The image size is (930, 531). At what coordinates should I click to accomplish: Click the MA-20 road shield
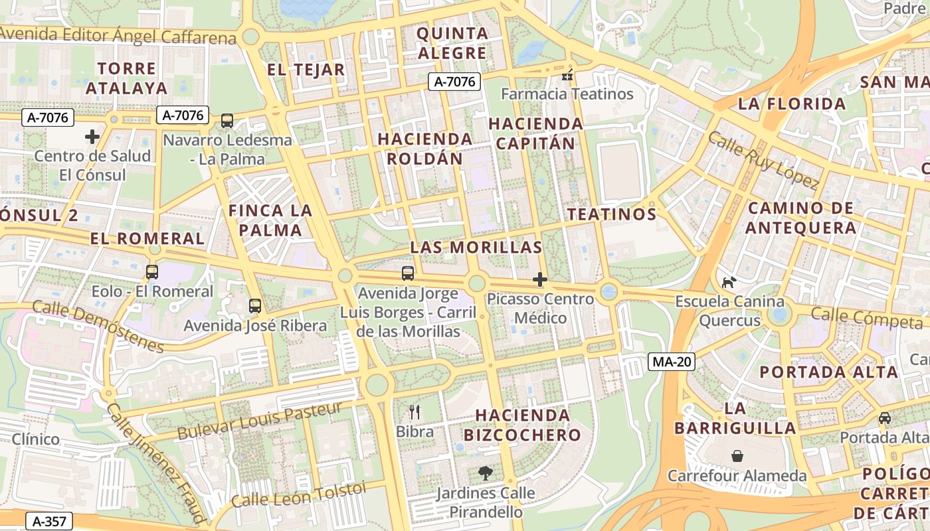pyautogui.click(x=671, y=362)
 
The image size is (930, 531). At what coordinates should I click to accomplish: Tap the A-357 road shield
pyautogui.click(x=48, y=521)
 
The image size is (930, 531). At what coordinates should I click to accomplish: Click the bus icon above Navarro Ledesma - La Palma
pyautogui.click(x=227, y=121)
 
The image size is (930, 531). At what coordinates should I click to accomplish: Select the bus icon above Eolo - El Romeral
pyautogui.click(x=152, y=272)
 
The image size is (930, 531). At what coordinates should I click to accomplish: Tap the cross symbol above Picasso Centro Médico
pyautogui.click(x=540, y=279)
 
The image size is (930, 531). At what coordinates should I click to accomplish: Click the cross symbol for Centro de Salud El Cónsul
pyautogui.click(x=92, y=137)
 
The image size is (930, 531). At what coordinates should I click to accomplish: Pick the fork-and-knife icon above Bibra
pyautogui.click(x=415, y=412)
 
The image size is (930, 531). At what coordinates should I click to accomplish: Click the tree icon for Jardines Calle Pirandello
pyautogui.click(x=486, y=473)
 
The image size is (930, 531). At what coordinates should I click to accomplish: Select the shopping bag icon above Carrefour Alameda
pyautogui.click(x=737, y=456)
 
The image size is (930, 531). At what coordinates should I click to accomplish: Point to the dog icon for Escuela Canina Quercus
pyautogui.click(x=729, y=282)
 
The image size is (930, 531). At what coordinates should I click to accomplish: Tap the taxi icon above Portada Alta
pyautogui.click(x=884, y=418)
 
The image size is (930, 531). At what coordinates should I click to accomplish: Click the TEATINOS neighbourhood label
pyautogui.click(x=612, y=214)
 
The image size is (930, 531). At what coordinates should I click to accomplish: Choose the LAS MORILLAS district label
pyautogui.click(x=476, y=248)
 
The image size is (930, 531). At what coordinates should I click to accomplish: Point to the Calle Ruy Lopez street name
pyautogui.click(x=762, y=160)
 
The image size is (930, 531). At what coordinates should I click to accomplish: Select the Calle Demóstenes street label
pyautogui.click(x=98, y=327)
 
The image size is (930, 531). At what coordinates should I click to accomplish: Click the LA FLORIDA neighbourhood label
pyautogui.click(x=792, y=104)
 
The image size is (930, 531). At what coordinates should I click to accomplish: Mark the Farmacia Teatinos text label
pyautogui.click(x=567, y=94)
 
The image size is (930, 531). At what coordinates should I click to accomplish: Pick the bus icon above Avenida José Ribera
pyautogui.click(x=255, y=306)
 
